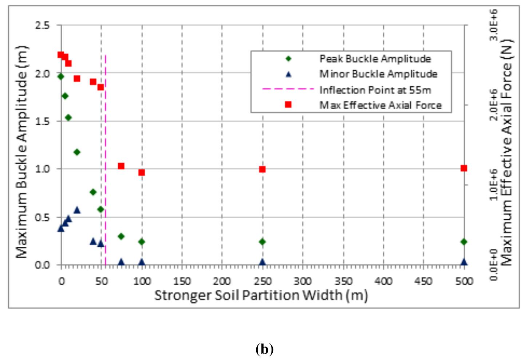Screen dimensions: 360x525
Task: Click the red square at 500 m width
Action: pos(463,168)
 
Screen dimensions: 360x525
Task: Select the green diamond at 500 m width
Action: pos(463,242)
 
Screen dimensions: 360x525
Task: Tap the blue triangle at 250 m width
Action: pos(262,262)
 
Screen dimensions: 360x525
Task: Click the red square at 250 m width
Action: pos(262,169)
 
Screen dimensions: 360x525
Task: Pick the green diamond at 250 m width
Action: pos(262,242)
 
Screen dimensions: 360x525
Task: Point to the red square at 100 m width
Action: pos(142,172)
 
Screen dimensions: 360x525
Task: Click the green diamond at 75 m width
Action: pos(121,236)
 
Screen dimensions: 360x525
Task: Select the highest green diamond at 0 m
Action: pos(61,76)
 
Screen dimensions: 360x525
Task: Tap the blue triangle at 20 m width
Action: pos(77,210)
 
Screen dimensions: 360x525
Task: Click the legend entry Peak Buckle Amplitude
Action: pos(375,59)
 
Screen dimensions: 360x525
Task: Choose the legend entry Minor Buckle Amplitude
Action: pos(378,74)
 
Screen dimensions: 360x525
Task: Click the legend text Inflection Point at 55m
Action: pos(375,90)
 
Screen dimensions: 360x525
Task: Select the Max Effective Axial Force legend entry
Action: pos(380,105)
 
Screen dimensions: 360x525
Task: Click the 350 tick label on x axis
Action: pos(343,281)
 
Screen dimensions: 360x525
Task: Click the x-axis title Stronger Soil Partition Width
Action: pos(261,295)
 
